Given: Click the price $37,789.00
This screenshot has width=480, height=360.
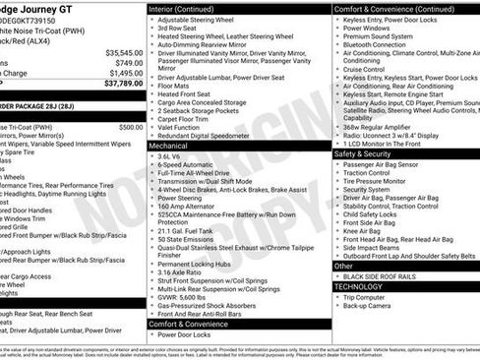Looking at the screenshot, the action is [x=122, y=84].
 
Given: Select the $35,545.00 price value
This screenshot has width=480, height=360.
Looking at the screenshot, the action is [x=123, y=52].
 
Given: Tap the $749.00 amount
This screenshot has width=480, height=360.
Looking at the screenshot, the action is [x=128, y=62].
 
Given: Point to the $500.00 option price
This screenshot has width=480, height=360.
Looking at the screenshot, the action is [x=131, y=127].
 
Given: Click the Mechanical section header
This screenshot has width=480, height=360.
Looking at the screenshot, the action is [x=169, y=145].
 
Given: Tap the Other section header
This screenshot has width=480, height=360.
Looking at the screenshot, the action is [x=344, y=266].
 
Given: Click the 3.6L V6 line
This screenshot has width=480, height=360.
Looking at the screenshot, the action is [x=170, y=155].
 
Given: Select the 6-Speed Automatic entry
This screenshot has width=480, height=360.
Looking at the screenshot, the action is [x=186, y=163].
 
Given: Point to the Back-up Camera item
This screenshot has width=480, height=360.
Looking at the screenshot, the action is [x=369, y=306].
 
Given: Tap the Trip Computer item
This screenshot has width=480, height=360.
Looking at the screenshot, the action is [x=365, y=297].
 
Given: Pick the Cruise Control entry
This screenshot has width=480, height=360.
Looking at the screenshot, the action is [x=365, y=69].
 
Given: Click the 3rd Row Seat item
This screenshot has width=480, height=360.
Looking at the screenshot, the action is [x=178, y=28].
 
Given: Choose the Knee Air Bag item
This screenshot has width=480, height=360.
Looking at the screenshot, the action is [x=363, y=231].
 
